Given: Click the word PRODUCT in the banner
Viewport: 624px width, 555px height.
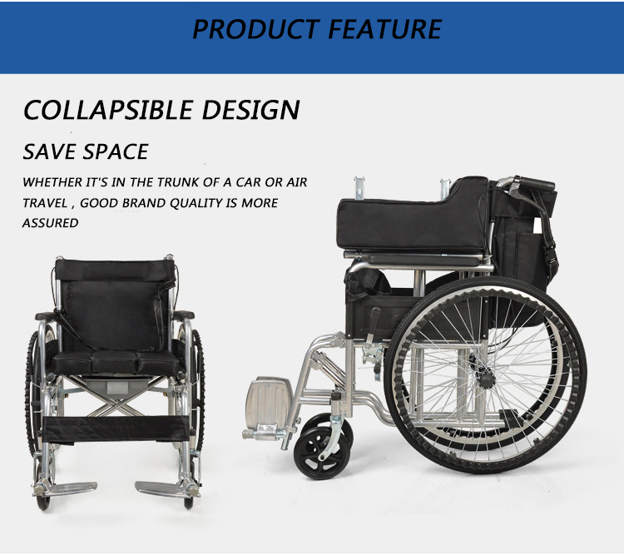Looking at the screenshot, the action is click(255, 29).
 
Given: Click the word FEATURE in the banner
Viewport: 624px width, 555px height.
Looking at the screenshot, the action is click(385, 29).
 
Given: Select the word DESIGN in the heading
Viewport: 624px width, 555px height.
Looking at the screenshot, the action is click(250, 110).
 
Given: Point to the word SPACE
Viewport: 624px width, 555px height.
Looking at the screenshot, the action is click(116, 151).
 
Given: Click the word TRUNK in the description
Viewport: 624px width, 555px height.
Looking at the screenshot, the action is click(177, 182).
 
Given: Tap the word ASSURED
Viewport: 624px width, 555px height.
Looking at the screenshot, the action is click(50, 223).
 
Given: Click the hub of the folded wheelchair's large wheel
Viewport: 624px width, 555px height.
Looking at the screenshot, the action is click(487, 379).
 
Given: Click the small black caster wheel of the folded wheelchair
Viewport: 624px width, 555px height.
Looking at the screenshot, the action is click(322, 453).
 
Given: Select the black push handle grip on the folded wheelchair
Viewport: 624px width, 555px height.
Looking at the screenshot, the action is click(537, 184).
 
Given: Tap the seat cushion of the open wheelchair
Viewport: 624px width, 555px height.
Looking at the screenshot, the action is click(116, 363).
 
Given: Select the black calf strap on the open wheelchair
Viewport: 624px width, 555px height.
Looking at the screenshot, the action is click(116, 429).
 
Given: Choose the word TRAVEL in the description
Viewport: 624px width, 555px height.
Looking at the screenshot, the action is click(45, 203).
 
